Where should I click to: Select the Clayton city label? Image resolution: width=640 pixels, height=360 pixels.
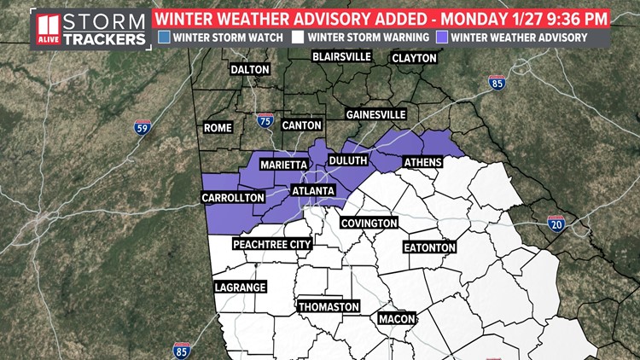(x=414, y=58)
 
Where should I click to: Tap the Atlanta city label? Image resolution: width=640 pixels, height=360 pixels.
(x=313, y=190)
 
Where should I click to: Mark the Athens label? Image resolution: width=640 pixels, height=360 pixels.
(x=422, y=163)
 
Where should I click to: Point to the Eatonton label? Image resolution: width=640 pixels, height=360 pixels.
(x=430, y=247)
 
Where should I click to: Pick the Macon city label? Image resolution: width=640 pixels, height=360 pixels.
(x=396, y=318)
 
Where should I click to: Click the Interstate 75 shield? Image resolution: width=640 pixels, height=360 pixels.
(x=266, y=122)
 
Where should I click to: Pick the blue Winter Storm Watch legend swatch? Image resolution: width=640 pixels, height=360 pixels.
(x=165, y=37)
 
